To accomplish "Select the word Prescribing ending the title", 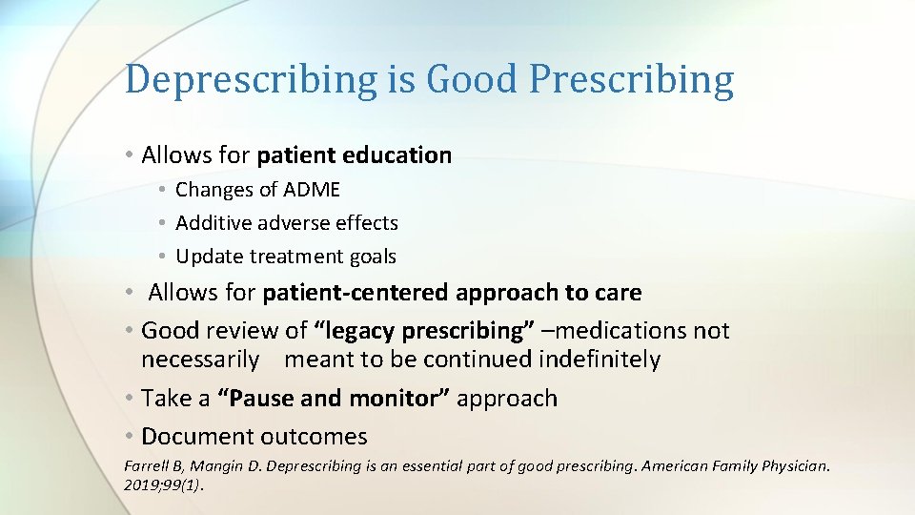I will click(631, 80).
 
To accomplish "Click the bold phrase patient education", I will click(354, 155).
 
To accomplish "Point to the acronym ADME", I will click(311, 190).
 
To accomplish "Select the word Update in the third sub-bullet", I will click(209, 257).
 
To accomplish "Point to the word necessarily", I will click(200, 360).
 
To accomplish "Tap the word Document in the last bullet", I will click(195, 437).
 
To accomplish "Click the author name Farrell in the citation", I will click(147, 466).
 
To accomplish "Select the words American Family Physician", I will click(736, 466).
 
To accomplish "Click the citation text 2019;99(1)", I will click(164, 484).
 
